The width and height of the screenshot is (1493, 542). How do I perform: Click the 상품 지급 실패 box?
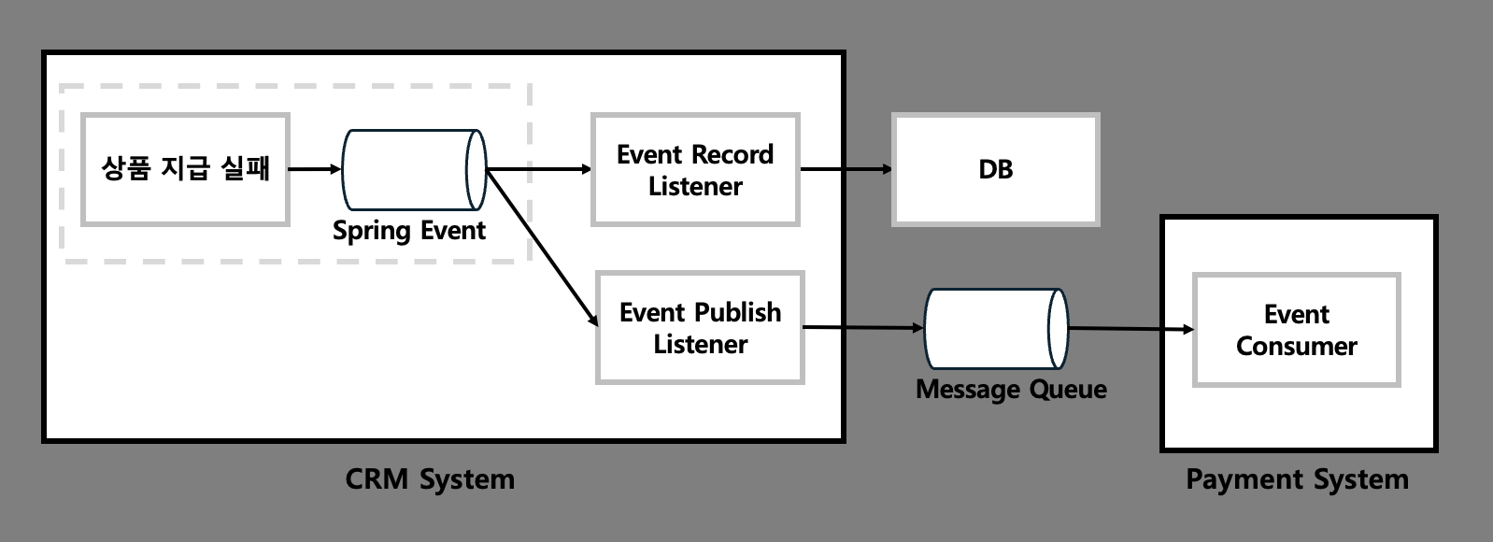185,169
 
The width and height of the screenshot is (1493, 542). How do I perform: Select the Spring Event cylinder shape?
414,169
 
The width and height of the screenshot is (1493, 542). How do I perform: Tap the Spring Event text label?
409,231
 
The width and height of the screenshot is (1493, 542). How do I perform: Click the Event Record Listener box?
695,170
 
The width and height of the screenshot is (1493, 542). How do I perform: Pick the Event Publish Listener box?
700,327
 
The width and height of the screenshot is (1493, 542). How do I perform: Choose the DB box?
996,169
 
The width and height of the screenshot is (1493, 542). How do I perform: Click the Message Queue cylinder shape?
996,328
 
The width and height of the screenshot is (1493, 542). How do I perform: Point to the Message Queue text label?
1011,390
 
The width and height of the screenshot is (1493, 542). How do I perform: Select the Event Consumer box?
1297,330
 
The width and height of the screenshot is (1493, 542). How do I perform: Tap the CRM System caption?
430,479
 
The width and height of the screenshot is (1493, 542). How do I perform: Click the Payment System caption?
1297,479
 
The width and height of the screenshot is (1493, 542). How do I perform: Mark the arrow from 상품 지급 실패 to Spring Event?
315,169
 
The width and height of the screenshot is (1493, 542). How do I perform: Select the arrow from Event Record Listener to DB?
846,169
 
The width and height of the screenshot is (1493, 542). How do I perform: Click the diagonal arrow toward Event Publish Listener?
543,248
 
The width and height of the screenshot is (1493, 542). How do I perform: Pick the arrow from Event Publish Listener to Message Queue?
863,327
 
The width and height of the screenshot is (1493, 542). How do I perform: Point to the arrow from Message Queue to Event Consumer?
1130,329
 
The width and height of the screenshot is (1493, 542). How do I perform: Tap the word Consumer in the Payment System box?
1297,347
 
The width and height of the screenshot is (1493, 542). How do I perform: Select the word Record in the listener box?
732,154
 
